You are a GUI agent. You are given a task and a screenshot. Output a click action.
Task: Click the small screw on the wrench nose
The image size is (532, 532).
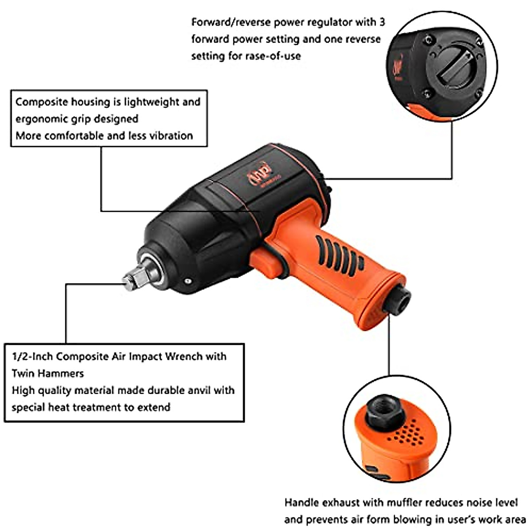pos(188,281)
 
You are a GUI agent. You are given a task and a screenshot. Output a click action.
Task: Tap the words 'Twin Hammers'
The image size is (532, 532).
pos(47,373)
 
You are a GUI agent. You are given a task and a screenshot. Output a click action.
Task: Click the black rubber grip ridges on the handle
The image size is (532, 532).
pos(339,253)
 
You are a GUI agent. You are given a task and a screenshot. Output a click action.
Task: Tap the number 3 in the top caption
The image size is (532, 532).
pos(382,22)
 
